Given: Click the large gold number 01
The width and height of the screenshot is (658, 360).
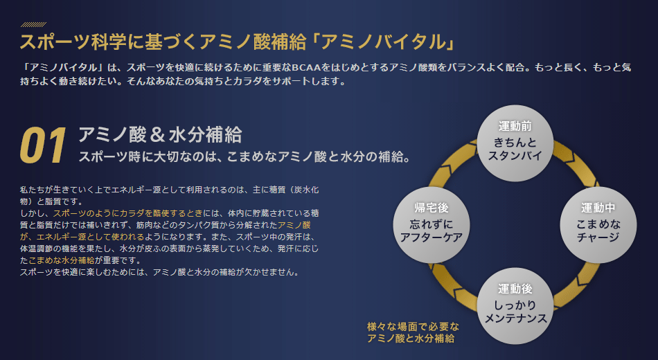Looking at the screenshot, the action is pos(43,145).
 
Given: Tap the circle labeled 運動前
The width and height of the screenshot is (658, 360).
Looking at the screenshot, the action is pos(515,143).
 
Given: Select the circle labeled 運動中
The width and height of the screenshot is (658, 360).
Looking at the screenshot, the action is pos(598,225).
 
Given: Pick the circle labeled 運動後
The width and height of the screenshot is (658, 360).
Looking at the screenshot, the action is pos(515,306).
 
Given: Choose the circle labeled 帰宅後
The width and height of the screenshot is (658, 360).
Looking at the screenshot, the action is pos(432,225).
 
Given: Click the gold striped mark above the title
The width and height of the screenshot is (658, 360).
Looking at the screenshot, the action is pos(33,24).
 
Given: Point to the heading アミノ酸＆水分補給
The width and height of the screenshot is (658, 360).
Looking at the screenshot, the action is pos(160,135).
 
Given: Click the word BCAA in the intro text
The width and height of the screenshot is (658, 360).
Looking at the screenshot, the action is pos(306,68).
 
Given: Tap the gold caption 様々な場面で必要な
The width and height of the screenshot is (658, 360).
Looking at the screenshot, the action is pos(413,327).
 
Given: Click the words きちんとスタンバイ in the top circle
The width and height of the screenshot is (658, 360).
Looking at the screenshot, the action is pos(515,149).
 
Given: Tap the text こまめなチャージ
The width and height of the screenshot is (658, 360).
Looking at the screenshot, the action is pos(598,231).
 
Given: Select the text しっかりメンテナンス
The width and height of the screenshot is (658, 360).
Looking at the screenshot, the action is pos(515,312).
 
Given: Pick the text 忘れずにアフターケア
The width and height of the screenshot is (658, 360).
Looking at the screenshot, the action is pos(432,231).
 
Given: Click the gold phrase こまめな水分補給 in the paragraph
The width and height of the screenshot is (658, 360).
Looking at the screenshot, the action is pos(61,260).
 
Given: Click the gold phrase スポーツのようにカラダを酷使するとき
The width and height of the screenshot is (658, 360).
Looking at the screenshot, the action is pos(128,213).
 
